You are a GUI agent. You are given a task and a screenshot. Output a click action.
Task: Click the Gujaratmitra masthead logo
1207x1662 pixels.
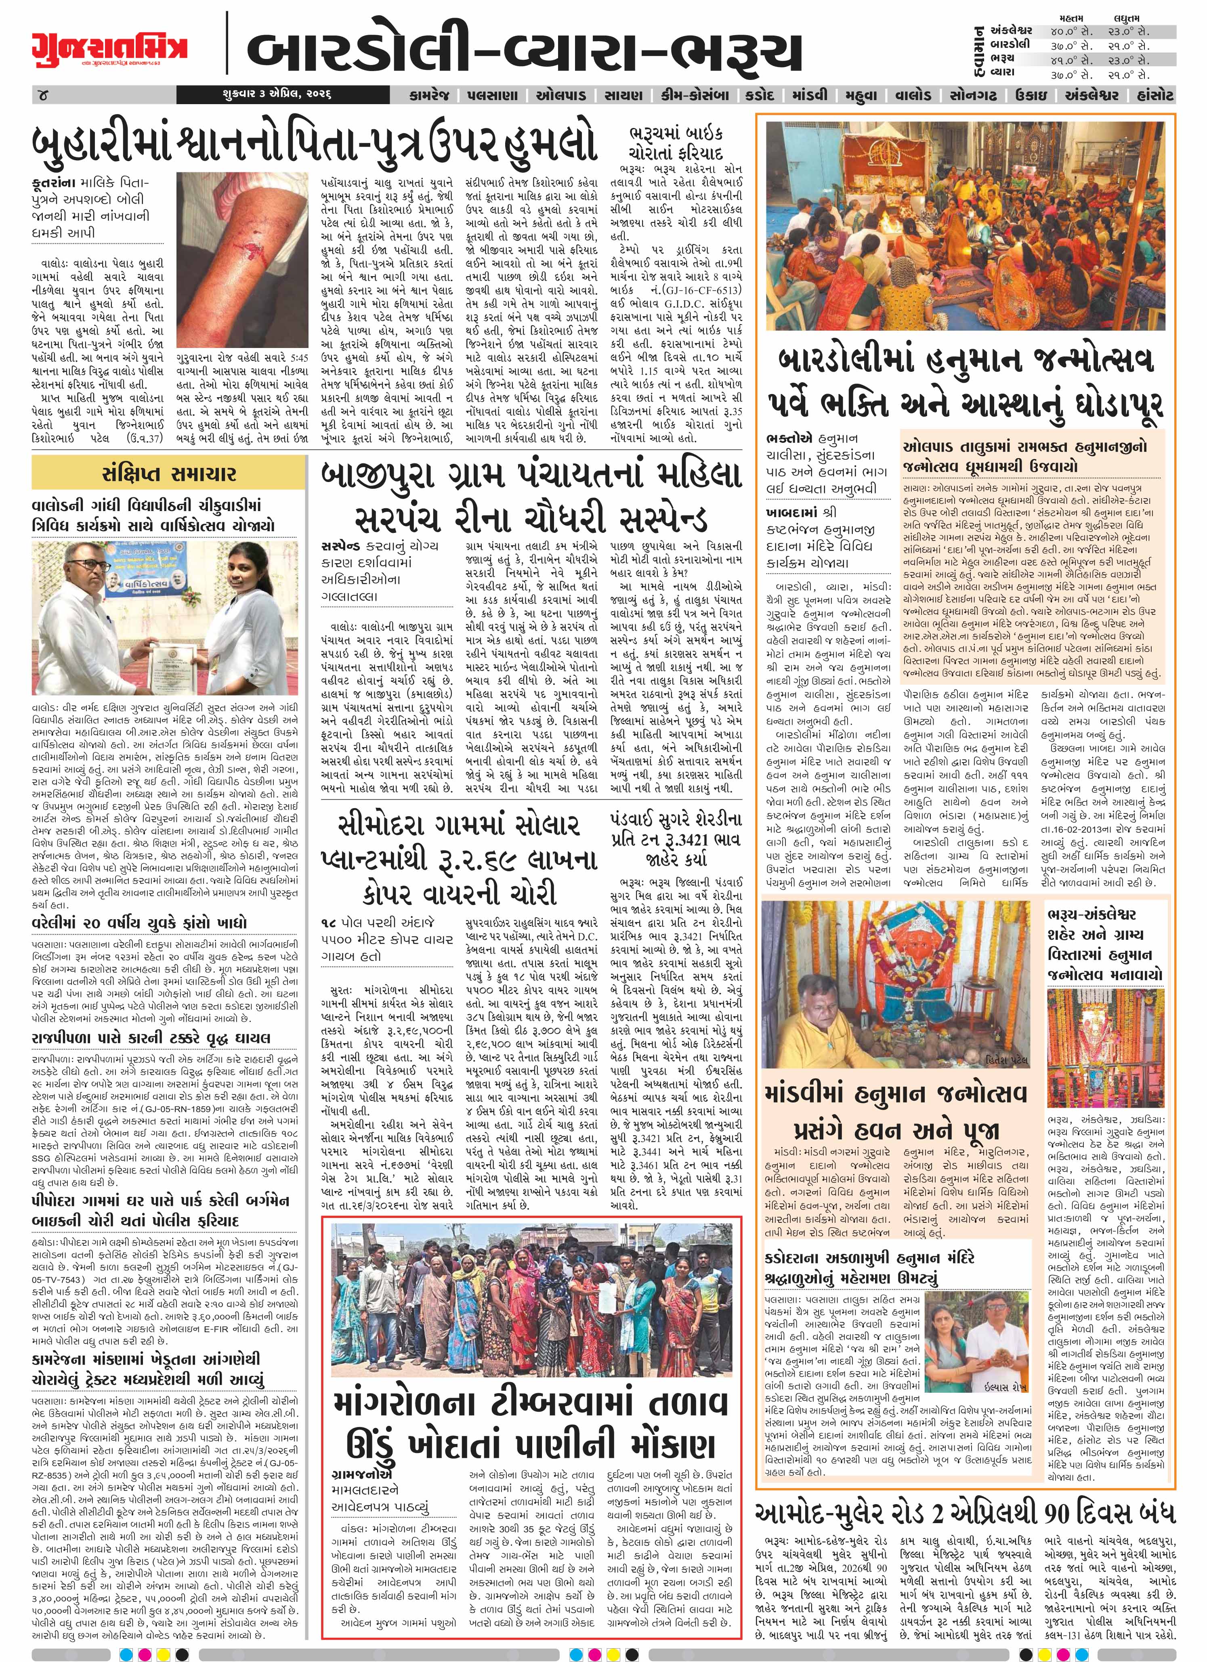pos(109,49)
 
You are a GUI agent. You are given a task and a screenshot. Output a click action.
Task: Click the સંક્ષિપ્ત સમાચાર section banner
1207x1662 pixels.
pos(168,474)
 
